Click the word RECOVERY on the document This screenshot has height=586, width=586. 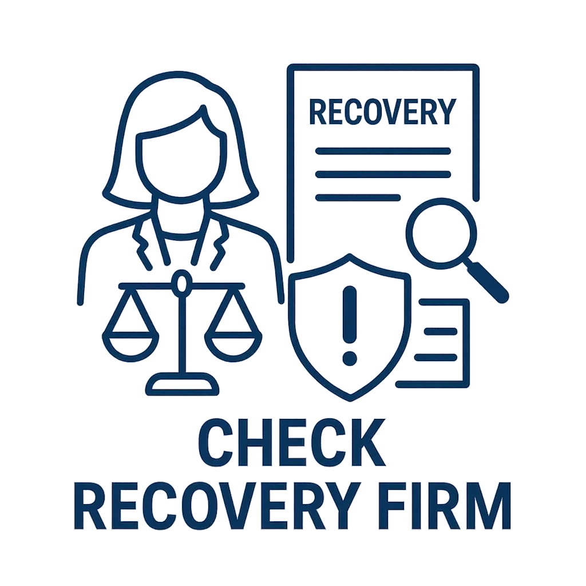(x=383, y=112)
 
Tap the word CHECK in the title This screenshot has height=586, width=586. (x=291, y=443)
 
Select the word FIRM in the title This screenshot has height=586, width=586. (x=446, y=506)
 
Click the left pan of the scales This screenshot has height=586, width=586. (x=130, y=347)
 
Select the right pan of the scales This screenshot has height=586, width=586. (x=233, y=347)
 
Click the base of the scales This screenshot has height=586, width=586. (x=182, y=384)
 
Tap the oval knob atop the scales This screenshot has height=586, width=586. (x=181, y=283)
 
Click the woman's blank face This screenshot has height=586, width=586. (x=181, y=164)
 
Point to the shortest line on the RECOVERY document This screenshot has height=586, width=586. (x=358, y=197)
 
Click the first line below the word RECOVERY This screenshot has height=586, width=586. (x=383, y=151)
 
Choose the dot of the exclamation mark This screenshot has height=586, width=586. (x=350, y=358)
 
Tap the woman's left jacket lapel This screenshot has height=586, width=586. (x=142, y=243)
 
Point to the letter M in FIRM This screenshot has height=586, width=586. (x=490, y=506)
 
